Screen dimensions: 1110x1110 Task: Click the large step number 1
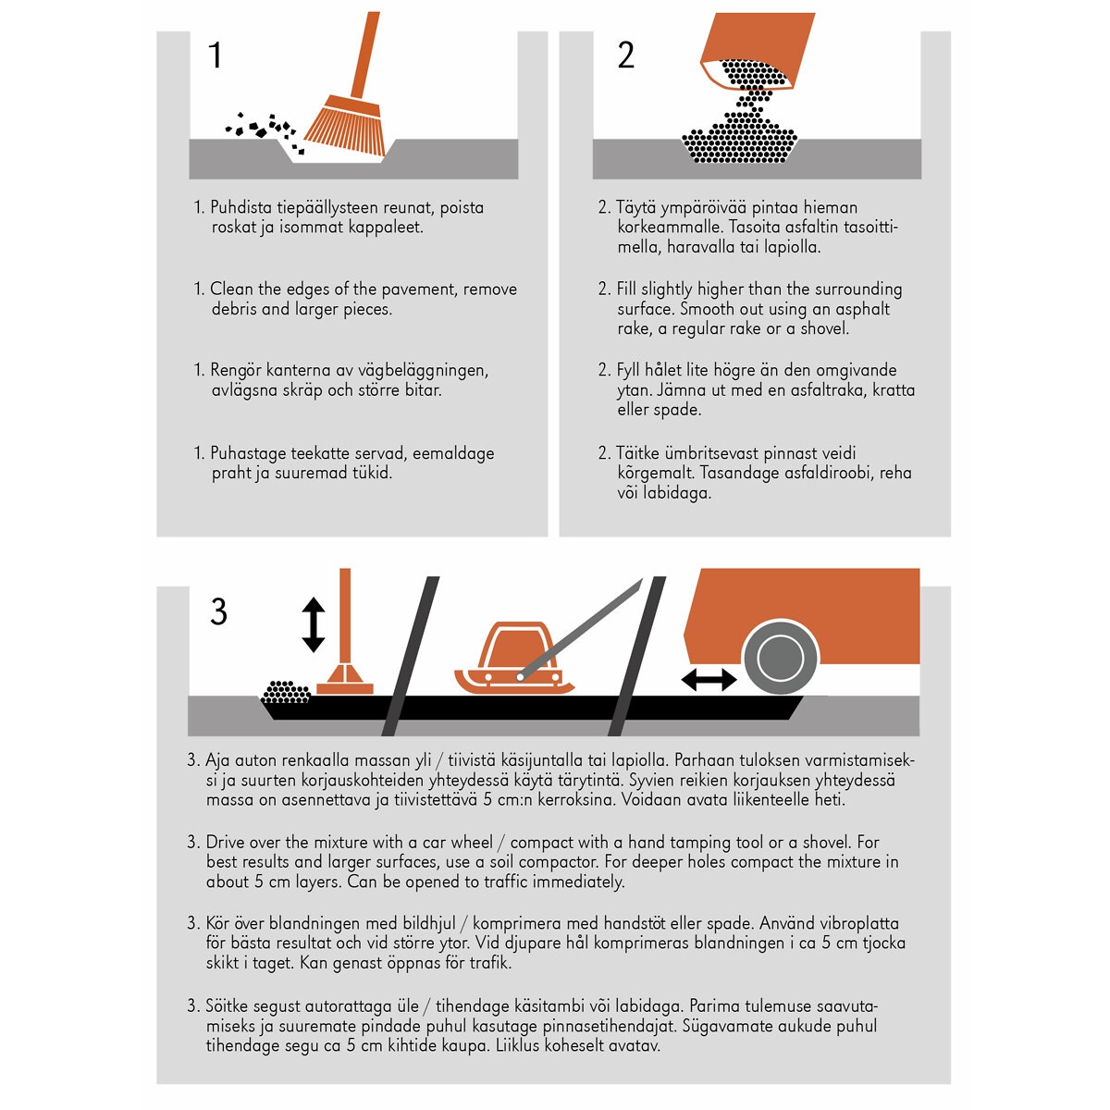tap(216, 55)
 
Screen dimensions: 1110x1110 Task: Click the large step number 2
tap(625, 55)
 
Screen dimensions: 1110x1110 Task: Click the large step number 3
tap(218, 611)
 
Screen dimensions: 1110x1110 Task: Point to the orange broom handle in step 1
tap(364, 55)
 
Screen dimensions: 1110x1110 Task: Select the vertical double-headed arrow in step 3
tap(313, 624)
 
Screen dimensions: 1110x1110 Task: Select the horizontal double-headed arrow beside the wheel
tap(709, 680)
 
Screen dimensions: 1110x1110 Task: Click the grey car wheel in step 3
tap(781, 658)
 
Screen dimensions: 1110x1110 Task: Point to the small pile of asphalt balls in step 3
tap(286, 692)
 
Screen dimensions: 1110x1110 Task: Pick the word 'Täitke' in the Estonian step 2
tap(637, 452)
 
